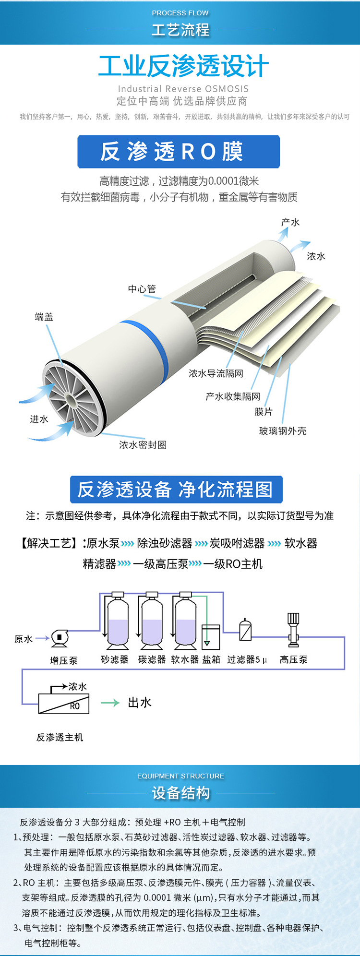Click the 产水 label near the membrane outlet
pyautogui.click(x=290, y=222)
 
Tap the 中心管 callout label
pyautogui.click(x=142, y=289)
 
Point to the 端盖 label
pyautogui.click(x=44, y=317)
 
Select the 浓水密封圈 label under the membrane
pyautogui.click(x=143, y=445)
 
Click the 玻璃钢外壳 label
pyautogui.click(x=283, y=431)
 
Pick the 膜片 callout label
pyautogui.click(x=264, y=412)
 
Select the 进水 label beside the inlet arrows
pyautogui.click(x=39, y=419)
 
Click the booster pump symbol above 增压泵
pyautogui.click(x=60, y=638)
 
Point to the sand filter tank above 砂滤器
pyautogui.click(x=118, y=622)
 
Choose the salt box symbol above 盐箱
pyautogui.click(x=211, y=637)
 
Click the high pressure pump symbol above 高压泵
pyautogui.click(x=293, y=629)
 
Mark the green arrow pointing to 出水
pyautogui.click(x=110, y=703)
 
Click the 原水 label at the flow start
pyautogui.click(x=23, y=639)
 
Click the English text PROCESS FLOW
pyautogui.click(x=180, y=13)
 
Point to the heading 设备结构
pyautogui.click(x=180, y=793)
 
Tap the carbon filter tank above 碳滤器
pyautogui.click(x=152, y=622)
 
